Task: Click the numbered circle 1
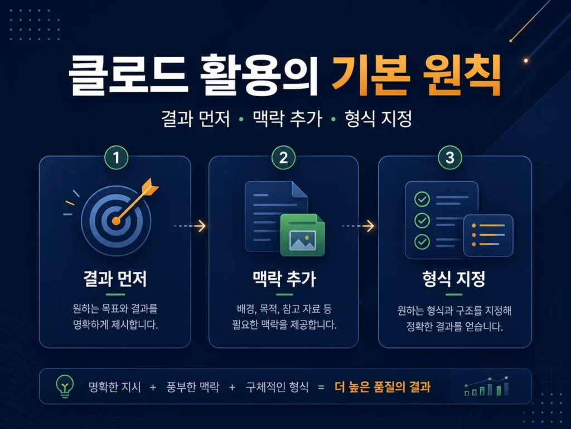[116, 158]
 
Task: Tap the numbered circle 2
[283, 158]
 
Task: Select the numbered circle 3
[450, 158]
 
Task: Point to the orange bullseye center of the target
[116, 221]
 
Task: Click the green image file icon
[302, 235]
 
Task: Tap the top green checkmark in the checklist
[422, 199]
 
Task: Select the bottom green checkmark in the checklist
[422, 241]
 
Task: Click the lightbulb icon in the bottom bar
[65, 387]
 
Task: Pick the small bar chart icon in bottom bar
[486, 387]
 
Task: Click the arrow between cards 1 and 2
[190, 226]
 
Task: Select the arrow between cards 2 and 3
[358, 226]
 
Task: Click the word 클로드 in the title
[128, 75]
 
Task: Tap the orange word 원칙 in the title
[462, 75]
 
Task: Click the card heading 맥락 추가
[284, 279]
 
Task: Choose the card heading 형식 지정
[454, 279]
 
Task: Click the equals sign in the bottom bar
[321, 387]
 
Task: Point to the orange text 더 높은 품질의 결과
[383, 387]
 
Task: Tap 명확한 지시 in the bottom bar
[115, 387]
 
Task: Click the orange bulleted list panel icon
[488, 235]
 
